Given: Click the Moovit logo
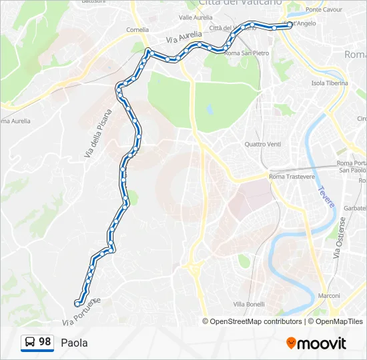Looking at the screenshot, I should tap(316, 343).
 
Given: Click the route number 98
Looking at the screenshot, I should tap(45, 342).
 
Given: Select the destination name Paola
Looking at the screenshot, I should tap(74, 343).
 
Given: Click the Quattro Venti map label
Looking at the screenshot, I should tap(263, 144).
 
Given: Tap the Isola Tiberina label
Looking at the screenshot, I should tap(330, 83).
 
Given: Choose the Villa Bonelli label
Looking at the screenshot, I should tap(249, 304).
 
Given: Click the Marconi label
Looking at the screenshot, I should tap(329, 295).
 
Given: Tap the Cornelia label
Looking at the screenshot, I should tap(137, 30).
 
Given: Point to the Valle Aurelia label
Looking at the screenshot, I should tap(196, 17).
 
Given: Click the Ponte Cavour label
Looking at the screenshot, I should tap(324, 10).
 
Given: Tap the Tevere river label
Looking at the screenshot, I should tap(326, 197).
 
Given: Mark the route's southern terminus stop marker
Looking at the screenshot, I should tap(78, 304).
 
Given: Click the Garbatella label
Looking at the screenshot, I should tap(354, 208).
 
